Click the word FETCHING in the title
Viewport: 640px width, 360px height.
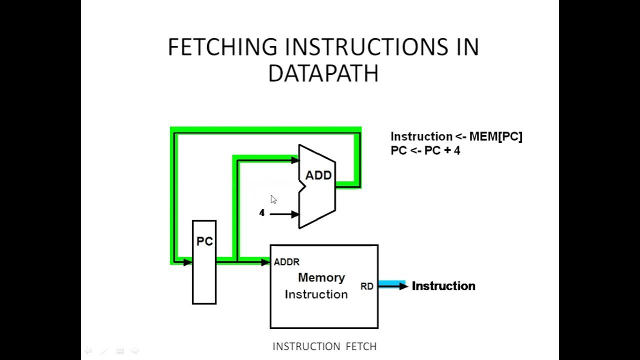222,47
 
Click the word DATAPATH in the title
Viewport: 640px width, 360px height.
323,74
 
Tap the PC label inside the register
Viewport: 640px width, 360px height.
204,241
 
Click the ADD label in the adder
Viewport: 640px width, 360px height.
318,175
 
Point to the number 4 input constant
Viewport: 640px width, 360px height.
261,213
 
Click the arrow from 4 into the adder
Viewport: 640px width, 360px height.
284,214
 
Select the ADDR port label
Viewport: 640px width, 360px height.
286,262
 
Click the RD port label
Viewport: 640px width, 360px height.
366,286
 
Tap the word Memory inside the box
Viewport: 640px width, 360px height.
321,277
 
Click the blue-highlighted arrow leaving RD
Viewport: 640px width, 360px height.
392,285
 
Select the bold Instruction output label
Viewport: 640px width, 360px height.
443,286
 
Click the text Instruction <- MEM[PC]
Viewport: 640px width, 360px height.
456,136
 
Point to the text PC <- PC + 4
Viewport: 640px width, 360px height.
425,150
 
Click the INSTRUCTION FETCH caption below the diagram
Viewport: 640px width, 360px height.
324,346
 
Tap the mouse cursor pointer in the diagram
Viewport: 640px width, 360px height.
273,199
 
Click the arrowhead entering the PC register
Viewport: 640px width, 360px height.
188,261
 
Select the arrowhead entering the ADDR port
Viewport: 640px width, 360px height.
265,261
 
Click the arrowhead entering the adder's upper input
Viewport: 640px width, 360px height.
294,160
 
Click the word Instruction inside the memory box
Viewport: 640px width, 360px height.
316,294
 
